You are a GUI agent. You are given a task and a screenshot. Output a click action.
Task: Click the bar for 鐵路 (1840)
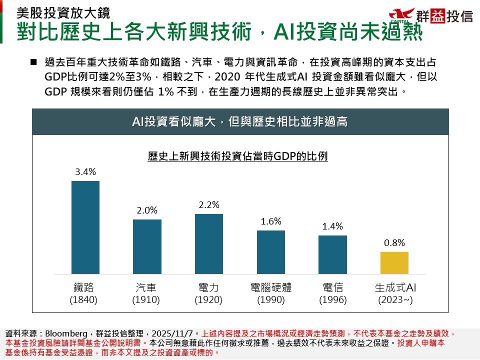85,227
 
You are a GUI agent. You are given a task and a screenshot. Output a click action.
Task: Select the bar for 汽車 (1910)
147,246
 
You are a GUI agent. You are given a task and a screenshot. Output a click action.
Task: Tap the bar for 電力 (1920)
208,243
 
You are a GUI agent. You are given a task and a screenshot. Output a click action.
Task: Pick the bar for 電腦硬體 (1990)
271,251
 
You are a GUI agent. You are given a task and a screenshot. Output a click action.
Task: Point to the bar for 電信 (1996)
332,254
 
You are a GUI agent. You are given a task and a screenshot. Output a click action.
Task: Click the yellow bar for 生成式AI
394,262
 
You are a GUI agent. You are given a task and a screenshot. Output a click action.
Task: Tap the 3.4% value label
85,172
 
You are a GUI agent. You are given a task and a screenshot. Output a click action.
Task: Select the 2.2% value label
208,205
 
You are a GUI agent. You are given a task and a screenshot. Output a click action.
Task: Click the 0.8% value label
394,243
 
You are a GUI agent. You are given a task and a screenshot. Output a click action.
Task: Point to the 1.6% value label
271,221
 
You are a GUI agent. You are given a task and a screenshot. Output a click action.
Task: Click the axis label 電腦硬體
271,288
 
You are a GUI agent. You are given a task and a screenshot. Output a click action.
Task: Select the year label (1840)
83,300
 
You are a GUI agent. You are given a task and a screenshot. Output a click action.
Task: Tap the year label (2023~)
395,300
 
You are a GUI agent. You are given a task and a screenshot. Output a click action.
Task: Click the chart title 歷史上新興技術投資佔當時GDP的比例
238,156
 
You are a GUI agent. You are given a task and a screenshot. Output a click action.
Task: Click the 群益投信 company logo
430,16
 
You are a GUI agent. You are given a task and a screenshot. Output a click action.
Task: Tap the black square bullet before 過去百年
34,62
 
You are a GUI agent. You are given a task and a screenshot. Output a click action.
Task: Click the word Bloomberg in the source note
66,333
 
